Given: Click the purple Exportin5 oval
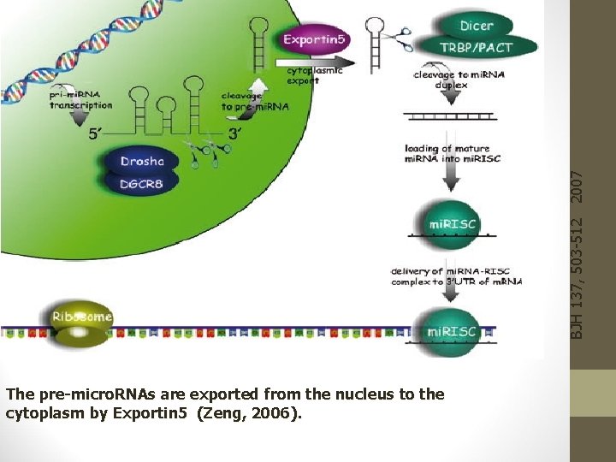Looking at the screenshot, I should [314, 39].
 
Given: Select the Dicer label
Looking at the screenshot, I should [476, 27].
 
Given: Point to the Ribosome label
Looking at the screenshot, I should [82, 316].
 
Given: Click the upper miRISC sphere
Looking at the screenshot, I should [453, 224].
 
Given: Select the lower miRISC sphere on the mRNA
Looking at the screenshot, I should [453, 329].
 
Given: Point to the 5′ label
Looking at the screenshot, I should [99, 133].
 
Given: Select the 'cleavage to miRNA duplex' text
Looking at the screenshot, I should [459, 79].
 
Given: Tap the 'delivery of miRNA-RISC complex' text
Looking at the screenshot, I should [455, 276].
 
